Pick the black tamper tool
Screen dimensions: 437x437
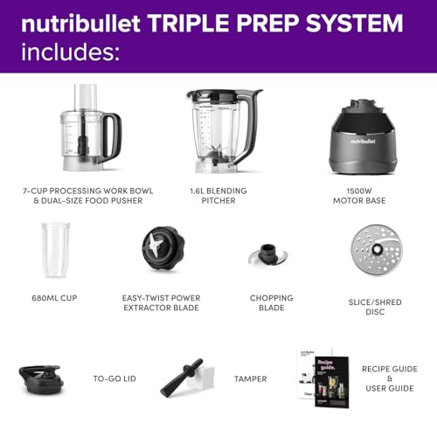coord(181,377)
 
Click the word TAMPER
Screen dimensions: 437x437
coord(249,378)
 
